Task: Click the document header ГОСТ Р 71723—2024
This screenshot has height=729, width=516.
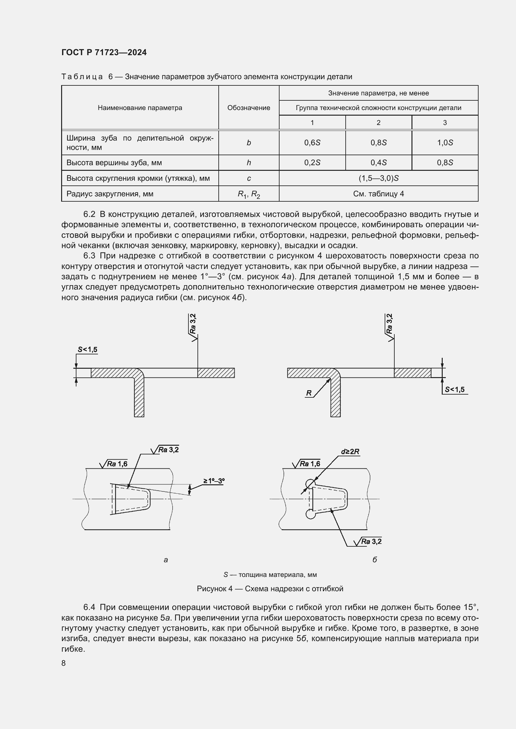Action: [x=104, y=52]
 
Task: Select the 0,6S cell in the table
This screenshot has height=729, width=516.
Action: [x=312, y=143]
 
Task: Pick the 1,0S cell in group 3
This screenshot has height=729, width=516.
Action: [x=445, y=143]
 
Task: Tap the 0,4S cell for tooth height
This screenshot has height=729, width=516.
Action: [x=378, y=163]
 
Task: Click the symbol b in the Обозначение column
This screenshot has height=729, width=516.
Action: [x=248, y=143]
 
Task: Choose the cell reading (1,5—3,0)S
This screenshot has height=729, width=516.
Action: [x=378, y=178]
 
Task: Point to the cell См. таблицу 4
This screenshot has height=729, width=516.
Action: [x=378, y=194]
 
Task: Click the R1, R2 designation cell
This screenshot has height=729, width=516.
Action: [x=248, y=194]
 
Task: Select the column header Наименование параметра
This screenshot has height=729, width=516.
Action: [x=140, y=108]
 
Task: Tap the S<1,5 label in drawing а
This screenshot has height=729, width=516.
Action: [x=87, y=350]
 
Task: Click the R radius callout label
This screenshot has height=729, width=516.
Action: [x=309, y=393]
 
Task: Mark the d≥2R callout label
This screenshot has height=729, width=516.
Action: [x=350, y=451]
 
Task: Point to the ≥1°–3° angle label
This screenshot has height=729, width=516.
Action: [x=214, y=481]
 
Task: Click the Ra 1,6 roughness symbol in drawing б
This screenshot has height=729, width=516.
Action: [x=306, y=464]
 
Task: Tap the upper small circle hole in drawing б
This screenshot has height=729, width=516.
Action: [x=310, y=484]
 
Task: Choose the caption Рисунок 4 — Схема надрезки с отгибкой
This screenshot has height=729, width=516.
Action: [x=270, y=589]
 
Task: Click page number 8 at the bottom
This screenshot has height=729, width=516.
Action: [x=64, y=663]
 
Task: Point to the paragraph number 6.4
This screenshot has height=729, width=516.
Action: [x=89, y=607]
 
